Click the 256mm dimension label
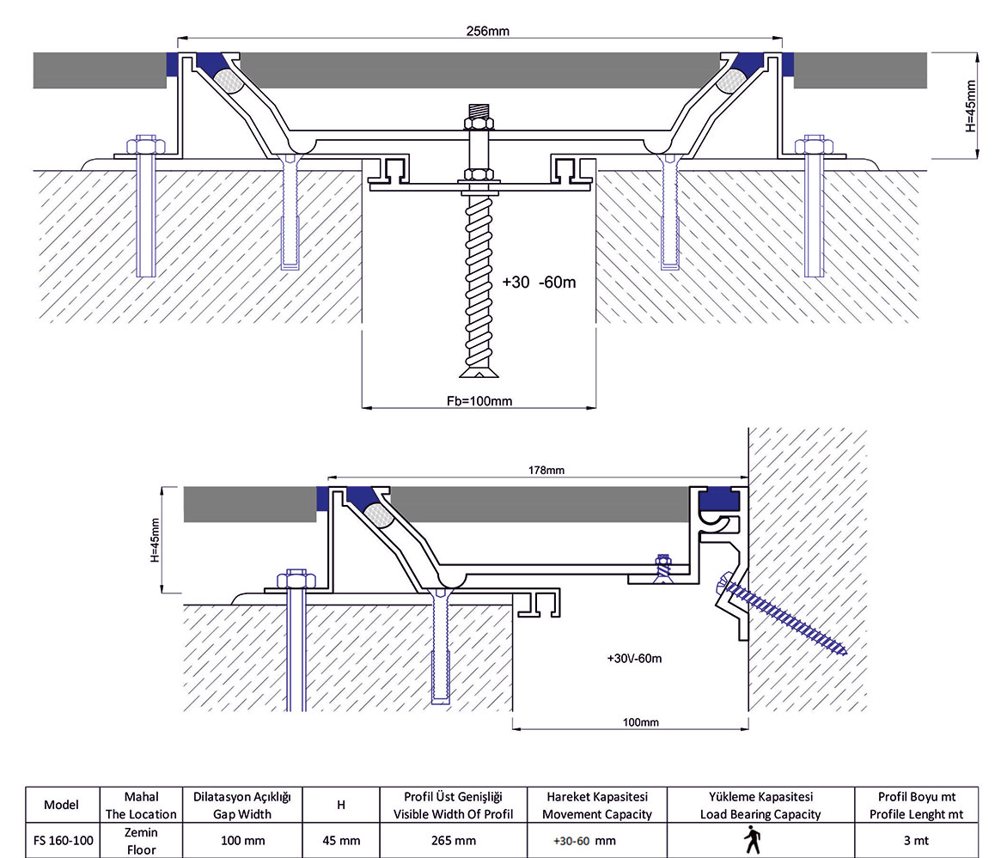pyautogui.click(x=487, y=30)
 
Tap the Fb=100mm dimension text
pyautogui.click(x=479, y=400)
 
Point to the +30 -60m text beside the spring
pyautogui.click(x=538, y=282)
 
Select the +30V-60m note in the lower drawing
pyautogui.click(x=634, y=658)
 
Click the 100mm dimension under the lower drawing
pyautogui.click(x=640, y=722)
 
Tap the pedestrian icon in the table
pyautogui.click(x=754, y=840)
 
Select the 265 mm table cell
pyautogui.click(x=452, y=840)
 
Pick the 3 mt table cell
pyautogui.click(x=916, y=840)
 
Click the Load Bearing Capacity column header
pyautogui.click(x=760, y=805)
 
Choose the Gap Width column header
pyautogui.click(x=241, y=805)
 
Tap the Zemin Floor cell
pyautogui.click(x=141, y=840)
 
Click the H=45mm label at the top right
pyautogui.click(x=972, y=106)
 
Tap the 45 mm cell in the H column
pyautogui.click(x=341, y=840)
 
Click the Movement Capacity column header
pyautogui.click(x=596, y=805)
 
